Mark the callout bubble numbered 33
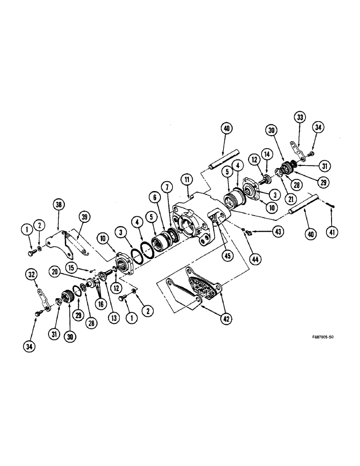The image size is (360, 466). pyautogui.click(x=299, y=117)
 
